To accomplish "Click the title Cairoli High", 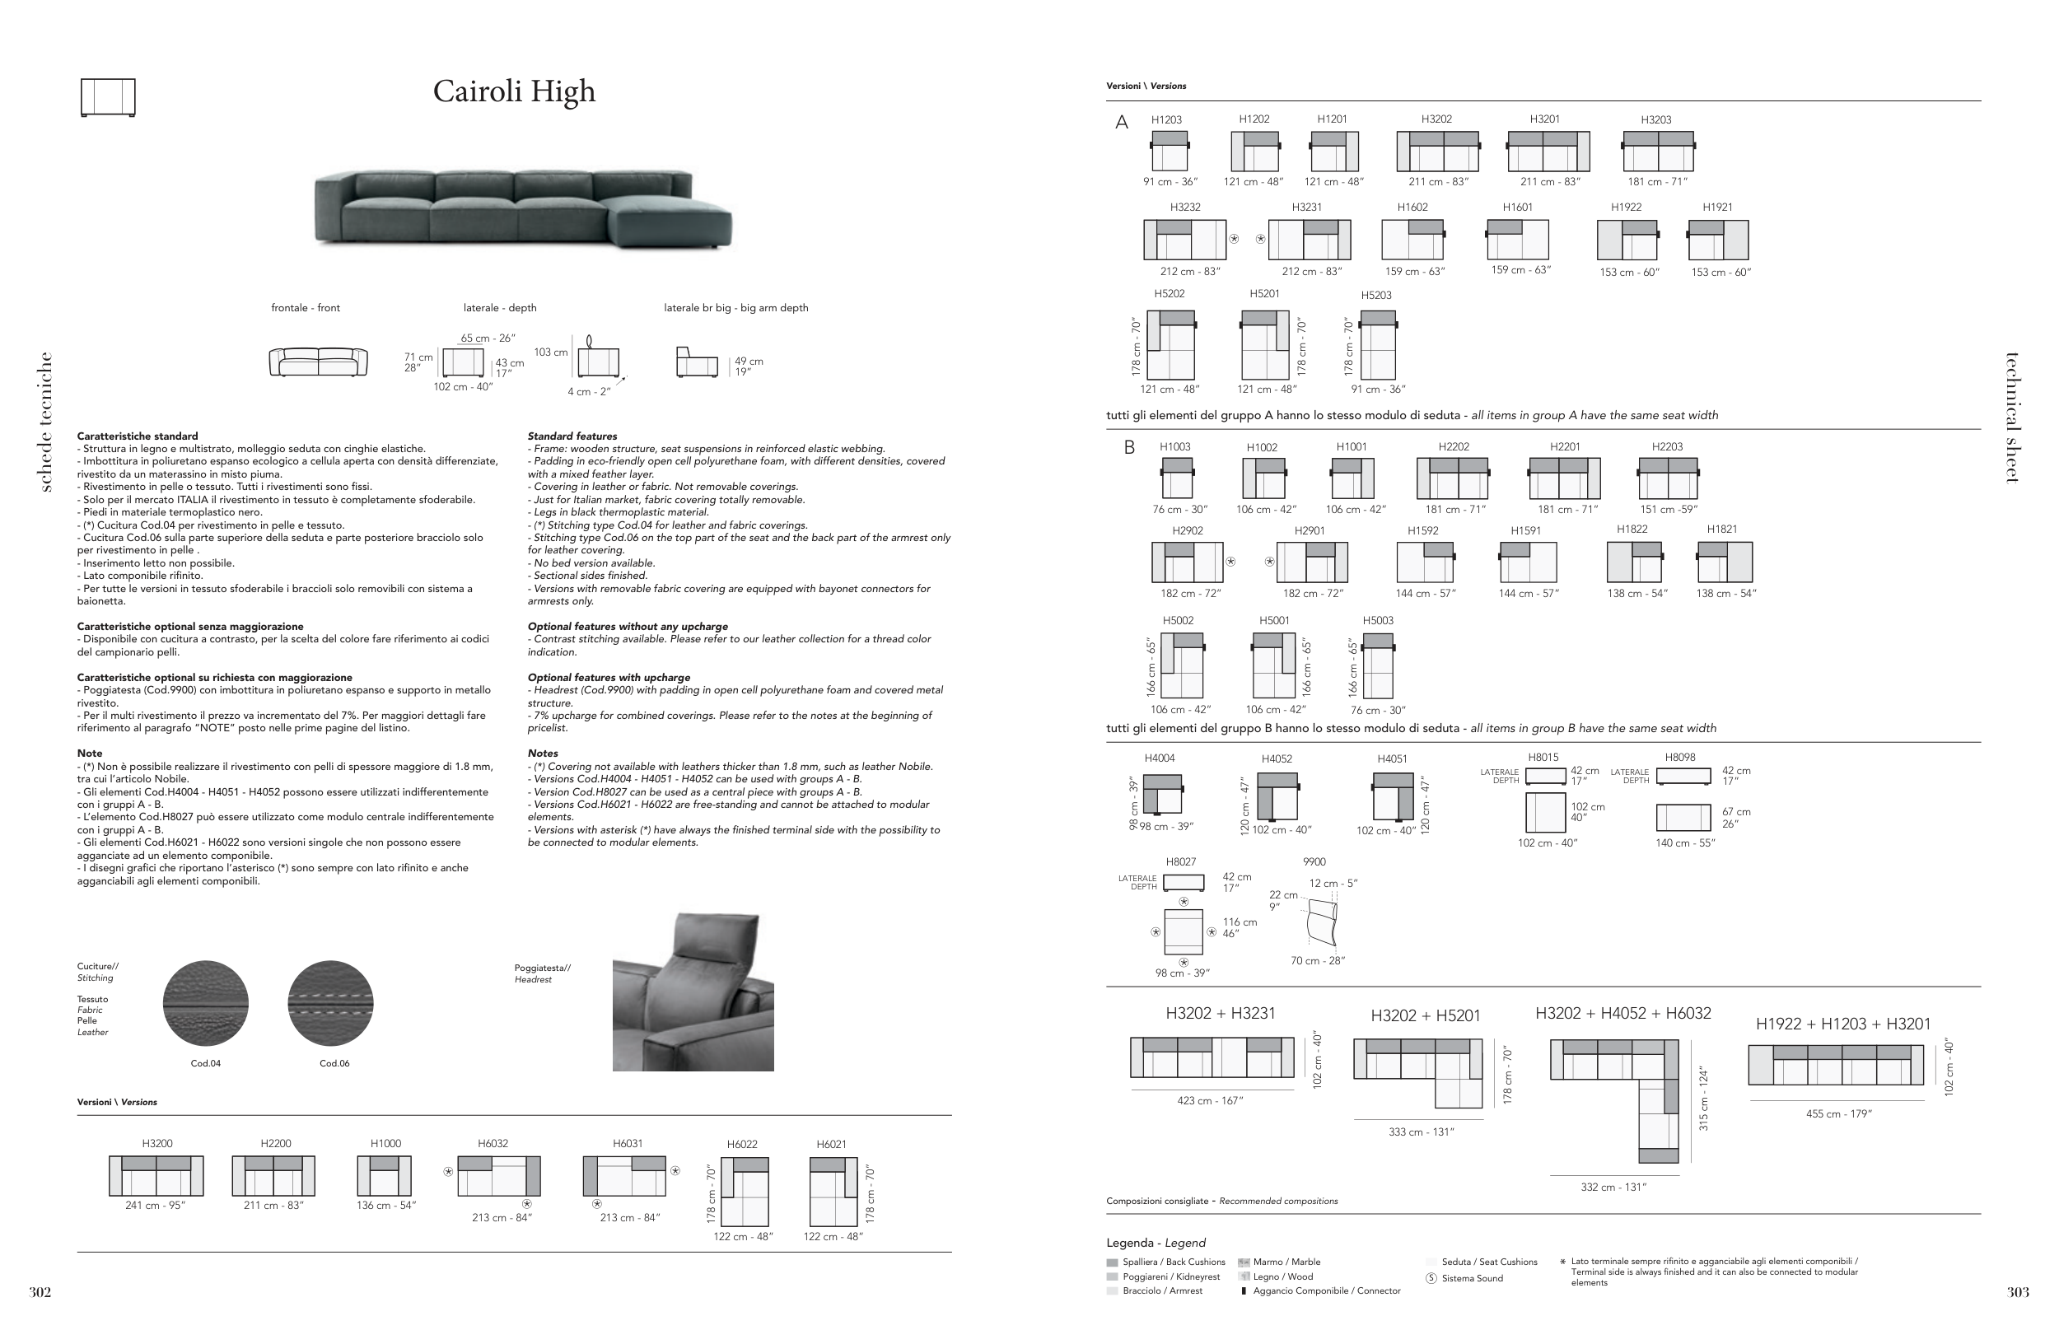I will (514, 91).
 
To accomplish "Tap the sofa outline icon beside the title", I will (108, 96).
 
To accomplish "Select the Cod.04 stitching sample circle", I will (206, 1004).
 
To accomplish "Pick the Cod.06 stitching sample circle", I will (331, 1004).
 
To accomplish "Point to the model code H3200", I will (157, 1143).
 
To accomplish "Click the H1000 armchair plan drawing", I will (378, 1176).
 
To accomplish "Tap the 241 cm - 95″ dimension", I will (156, 1206).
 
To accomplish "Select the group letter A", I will (1122, 123).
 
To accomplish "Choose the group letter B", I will (1129, 448).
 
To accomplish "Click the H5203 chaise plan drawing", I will (1378, 344).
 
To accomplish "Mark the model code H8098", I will (1680, 758).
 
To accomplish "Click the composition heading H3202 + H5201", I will (1425, 1015).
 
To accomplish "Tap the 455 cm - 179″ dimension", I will (1839, 1114).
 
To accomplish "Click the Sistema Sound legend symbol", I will (1431, 1278).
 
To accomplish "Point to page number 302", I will (40, 1293).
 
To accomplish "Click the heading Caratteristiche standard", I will (138, 436).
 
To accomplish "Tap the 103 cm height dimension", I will (550, 352).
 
